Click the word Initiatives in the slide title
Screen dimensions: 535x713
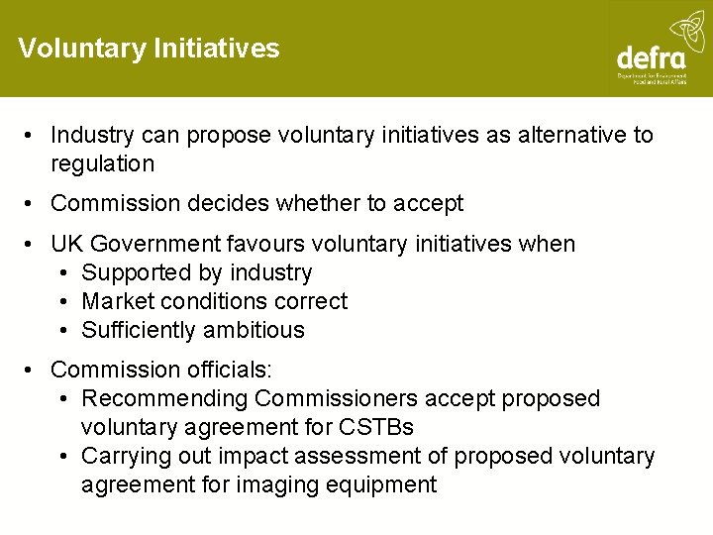coord(217,48)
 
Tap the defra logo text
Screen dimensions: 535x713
coord(653,56)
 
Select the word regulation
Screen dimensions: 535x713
coord(103,163)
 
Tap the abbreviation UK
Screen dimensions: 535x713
coord(67,244)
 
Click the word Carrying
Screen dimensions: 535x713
coord(125,456)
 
